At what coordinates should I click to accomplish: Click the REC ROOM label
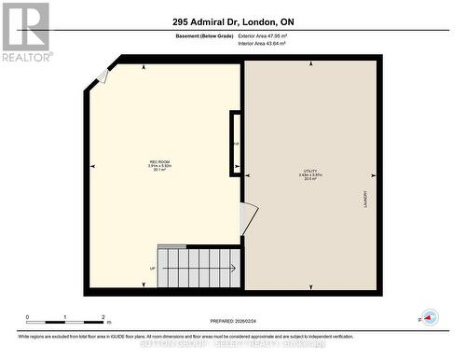pos(158,160)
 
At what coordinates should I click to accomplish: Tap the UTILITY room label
pos(308,171)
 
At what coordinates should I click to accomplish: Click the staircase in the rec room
pos(199,268)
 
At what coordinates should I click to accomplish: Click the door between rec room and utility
pos(248,219)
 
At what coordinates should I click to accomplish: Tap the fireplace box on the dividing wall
pos(236,144)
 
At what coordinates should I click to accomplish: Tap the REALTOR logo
pos(25,32)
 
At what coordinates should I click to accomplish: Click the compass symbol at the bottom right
pos(429,318)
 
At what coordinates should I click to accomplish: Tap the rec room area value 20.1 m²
pos(158,171)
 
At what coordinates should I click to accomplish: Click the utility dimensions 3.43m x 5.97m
pos(308,176)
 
